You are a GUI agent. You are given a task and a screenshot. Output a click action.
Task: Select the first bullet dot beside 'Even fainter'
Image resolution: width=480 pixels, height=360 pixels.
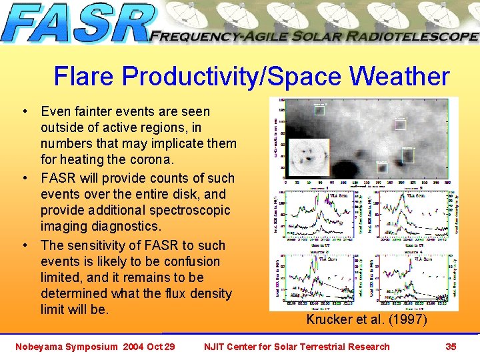(x=24, y=112)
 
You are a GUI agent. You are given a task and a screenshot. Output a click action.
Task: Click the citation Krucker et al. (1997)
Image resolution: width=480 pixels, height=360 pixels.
(x=366, y=320)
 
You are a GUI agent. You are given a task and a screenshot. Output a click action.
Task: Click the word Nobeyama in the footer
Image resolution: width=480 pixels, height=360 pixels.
(x=40, y=347)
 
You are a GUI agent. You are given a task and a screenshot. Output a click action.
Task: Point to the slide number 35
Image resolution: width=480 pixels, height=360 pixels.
(x=451, y=347)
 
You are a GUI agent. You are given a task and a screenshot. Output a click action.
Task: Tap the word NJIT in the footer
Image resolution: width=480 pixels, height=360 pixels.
(x=215, y=347)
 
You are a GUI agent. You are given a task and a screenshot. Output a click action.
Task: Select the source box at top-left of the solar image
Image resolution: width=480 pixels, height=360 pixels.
(x=320, y=109)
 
